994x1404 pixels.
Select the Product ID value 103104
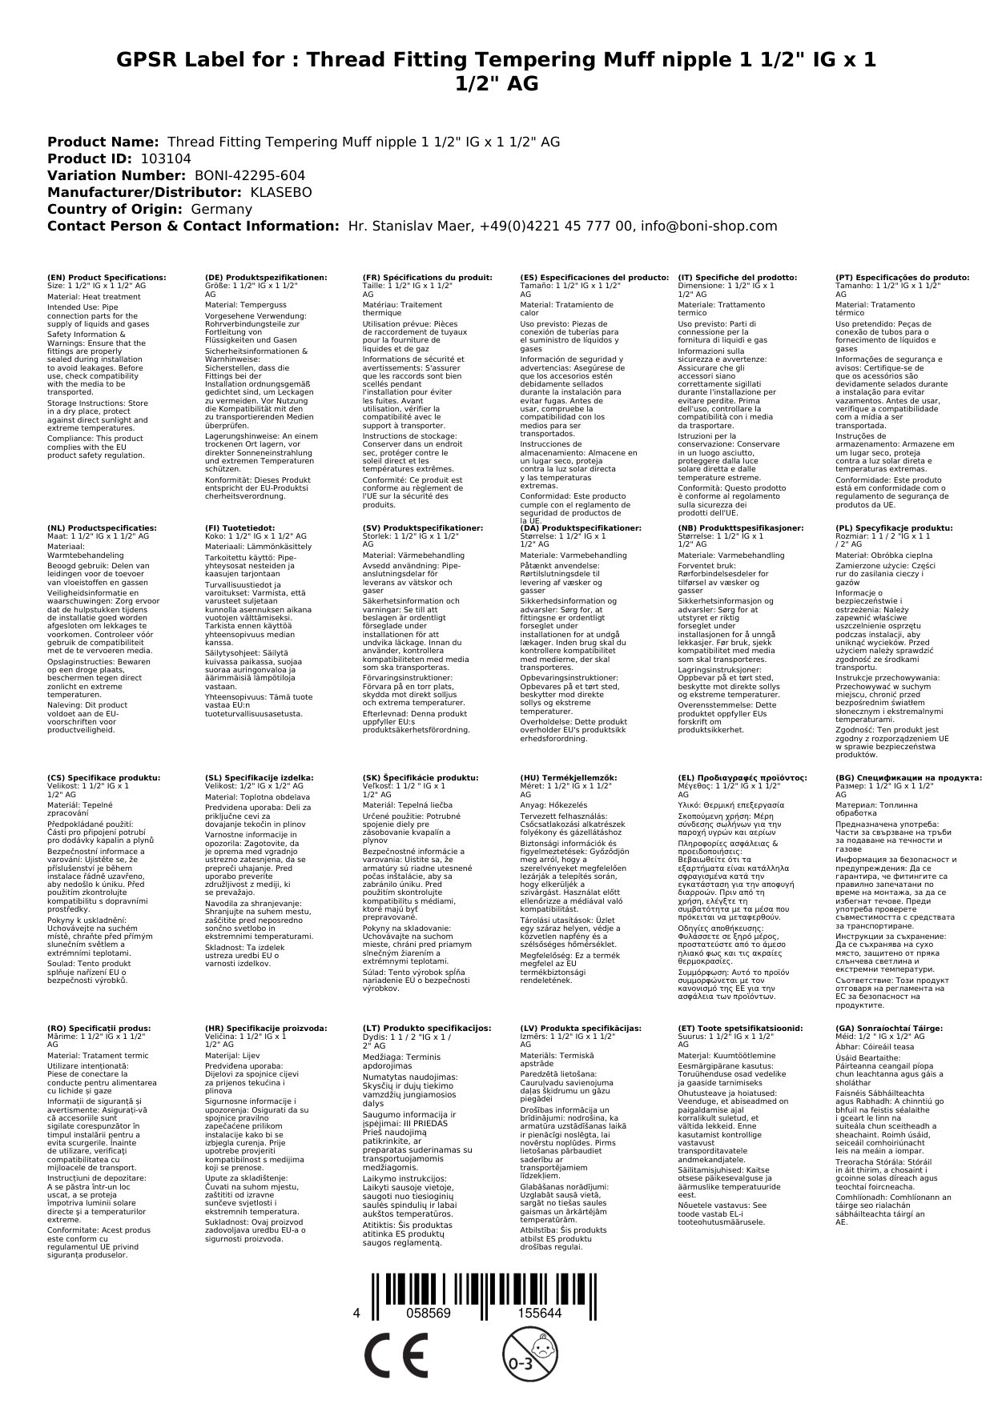click(166, 158)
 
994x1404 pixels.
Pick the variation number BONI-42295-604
click(249, 175)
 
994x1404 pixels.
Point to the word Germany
click(221, 209)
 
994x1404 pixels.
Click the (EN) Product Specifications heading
click(107, 277)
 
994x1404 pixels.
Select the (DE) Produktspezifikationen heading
click(266, 277)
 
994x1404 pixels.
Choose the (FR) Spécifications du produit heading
click(427, 277)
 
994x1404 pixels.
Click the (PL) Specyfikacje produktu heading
click(894, 528)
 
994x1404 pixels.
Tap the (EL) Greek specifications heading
click(742, 777)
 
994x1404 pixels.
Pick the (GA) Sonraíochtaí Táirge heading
click(878, 1028)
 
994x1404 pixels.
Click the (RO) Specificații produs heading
click(99, 1028)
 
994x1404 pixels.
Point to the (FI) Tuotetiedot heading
click(239, 528)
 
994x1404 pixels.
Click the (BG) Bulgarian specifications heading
click(908, 777)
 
